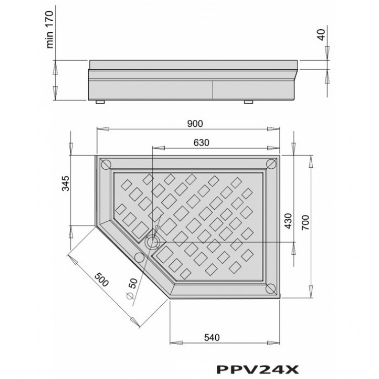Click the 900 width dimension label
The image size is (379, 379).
coord(195,124)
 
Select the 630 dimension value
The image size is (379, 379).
coord(201,143)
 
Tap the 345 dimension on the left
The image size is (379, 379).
coord(66,183)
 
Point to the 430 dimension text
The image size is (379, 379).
coord(289,221)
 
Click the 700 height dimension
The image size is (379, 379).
coord(306,222)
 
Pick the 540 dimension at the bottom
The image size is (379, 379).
coord(212,338)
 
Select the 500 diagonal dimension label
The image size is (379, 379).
coord(102,279)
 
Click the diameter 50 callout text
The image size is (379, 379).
coord(132,289)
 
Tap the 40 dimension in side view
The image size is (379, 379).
coord(322,35)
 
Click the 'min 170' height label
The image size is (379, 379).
coord(50,29)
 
